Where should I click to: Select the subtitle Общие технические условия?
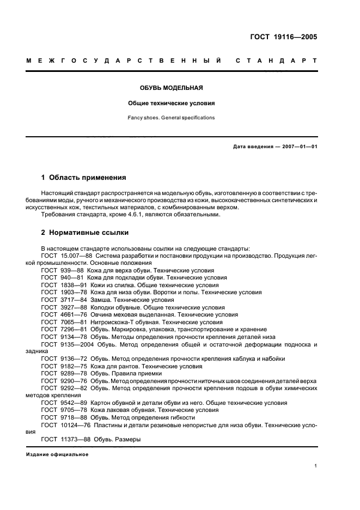click(x=172, y=102)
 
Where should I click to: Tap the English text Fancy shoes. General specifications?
click(x=172, y=117)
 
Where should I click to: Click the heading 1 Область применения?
click(x=84, y=177)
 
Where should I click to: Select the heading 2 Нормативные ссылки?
click(x=85, y=233)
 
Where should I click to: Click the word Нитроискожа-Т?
click(x=111, y=322)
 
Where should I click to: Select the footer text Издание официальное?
click(x=57, y=454)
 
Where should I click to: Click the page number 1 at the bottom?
click(x=316, y=466)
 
